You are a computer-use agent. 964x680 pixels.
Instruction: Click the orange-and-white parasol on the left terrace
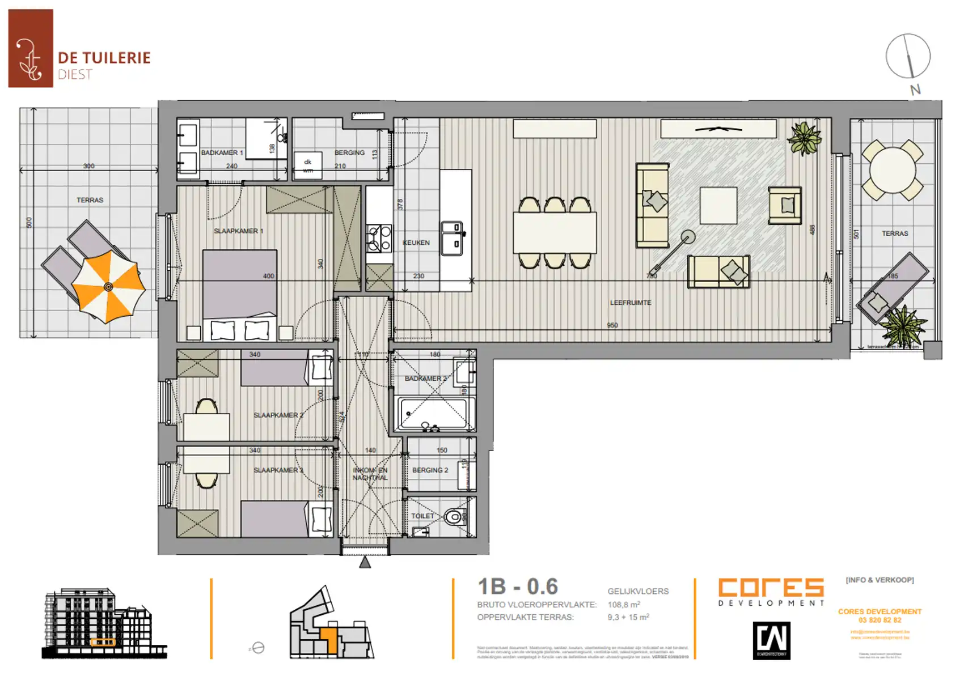coord(108,287)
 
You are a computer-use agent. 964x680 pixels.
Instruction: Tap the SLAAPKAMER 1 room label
coord(239,231)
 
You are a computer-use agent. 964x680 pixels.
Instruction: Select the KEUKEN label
coord(416,243)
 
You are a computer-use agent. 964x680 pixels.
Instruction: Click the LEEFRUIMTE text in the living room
coord(631,303)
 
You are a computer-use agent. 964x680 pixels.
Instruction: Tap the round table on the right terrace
coord(893,170)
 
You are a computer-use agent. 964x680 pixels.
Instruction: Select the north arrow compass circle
coord(908,56)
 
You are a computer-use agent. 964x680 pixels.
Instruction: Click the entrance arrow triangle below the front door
coord(365,562)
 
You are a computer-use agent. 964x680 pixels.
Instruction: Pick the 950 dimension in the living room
coord(612,326)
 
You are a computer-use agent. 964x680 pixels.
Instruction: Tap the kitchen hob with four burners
coord(379,238)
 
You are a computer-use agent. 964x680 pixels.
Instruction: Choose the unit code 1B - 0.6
coord(518,586)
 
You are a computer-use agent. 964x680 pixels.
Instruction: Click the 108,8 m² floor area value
coord(624,605)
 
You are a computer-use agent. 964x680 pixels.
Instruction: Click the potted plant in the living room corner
coord(804,138)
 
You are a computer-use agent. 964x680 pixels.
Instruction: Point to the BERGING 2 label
coord(430,470)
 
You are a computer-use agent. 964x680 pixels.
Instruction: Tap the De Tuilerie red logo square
coord(31,49)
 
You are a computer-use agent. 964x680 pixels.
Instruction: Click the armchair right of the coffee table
coord(785,206)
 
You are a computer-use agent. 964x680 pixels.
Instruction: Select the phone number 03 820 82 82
coord(880,620)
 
